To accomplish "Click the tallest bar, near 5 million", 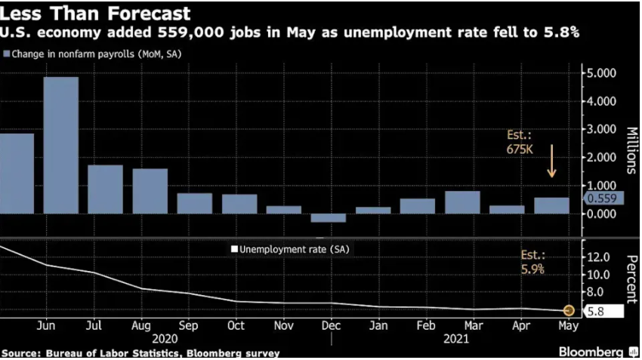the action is (x=61, y=145).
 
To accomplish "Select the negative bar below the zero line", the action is (x=328, y=218).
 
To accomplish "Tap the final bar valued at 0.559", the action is (x=551, y=206).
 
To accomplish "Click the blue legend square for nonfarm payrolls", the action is (x=6, y=54).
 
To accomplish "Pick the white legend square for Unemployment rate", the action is (x=234, y=249).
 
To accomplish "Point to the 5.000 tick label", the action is (x=601, y=73).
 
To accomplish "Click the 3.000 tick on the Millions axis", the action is (x=601, y=129).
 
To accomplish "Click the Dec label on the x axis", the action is (x=330, y=325).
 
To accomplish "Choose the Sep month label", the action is (x=188, y=326).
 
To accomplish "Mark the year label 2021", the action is (x=456, y=339).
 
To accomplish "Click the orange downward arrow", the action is (x=551, y=161).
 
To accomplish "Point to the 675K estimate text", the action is (x=520, y=149).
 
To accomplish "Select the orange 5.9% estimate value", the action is (x=532, y=269).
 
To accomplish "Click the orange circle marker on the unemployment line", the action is (x=568, y=311).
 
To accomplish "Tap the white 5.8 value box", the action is (x=604, y=311).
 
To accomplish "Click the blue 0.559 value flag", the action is (x=603, y=198).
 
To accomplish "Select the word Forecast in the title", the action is (x=150, y=13).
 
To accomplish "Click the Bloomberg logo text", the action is (x=591, y=352).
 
